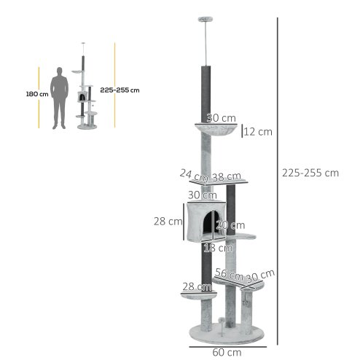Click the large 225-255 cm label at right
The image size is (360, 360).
tap(310, 173)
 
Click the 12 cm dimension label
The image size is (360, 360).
tap(257, 132)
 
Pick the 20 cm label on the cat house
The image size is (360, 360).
tap(230, 224)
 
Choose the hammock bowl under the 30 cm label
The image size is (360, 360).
tap(216, 133)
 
